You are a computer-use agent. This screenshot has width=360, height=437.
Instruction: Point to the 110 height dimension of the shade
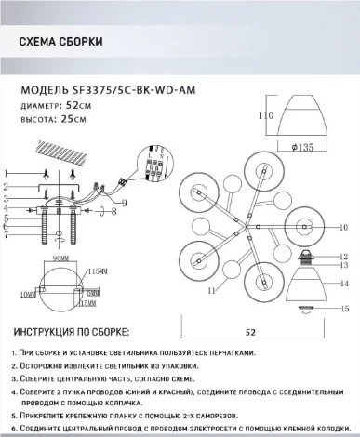[264, 115]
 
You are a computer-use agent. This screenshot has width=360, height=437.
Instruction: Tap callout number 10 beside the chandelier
[343, 226]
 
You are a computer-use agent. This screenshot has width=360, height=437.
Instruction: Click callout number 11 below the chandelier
[211, 292]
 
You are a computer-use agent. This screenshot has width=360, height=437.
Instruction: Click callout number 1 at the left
[7, 174]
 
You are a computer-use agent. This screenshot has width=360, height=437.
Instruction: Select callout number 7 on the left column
[7, 235]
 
